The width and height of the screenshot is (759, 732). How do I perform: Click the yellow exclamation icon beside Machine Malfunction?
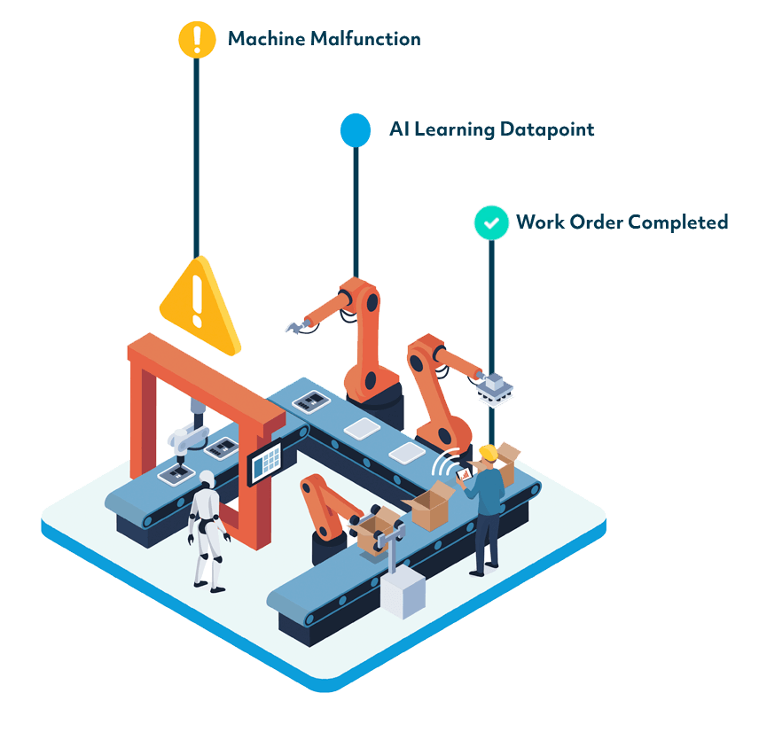[196, 40]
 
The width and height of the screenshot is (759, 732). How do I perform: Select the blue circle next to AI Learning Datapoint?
[356, 129]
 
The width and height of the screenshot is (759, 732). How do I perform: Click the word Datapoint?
[546, 129]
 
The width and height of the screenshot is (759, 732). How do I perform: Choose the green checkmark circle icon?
[490, 222]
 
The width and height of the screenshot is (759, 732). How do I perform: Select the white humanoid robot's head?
[207, 479]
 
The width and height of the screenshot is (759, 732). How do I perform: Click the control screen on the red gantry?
[265, 462]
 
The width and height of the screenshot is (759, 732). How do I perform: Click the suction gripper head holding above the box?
[494, 387]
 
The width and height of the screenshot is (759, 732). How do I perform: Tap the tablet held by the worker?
[462, 474]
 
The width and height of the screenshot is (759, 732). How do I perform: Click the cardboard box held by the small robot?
[374, 531]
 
